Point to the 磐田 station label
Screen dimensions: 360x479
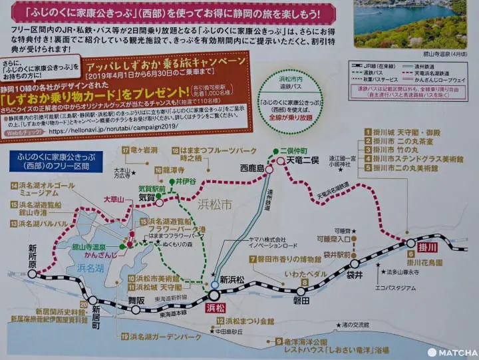(x=301, y=301)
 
